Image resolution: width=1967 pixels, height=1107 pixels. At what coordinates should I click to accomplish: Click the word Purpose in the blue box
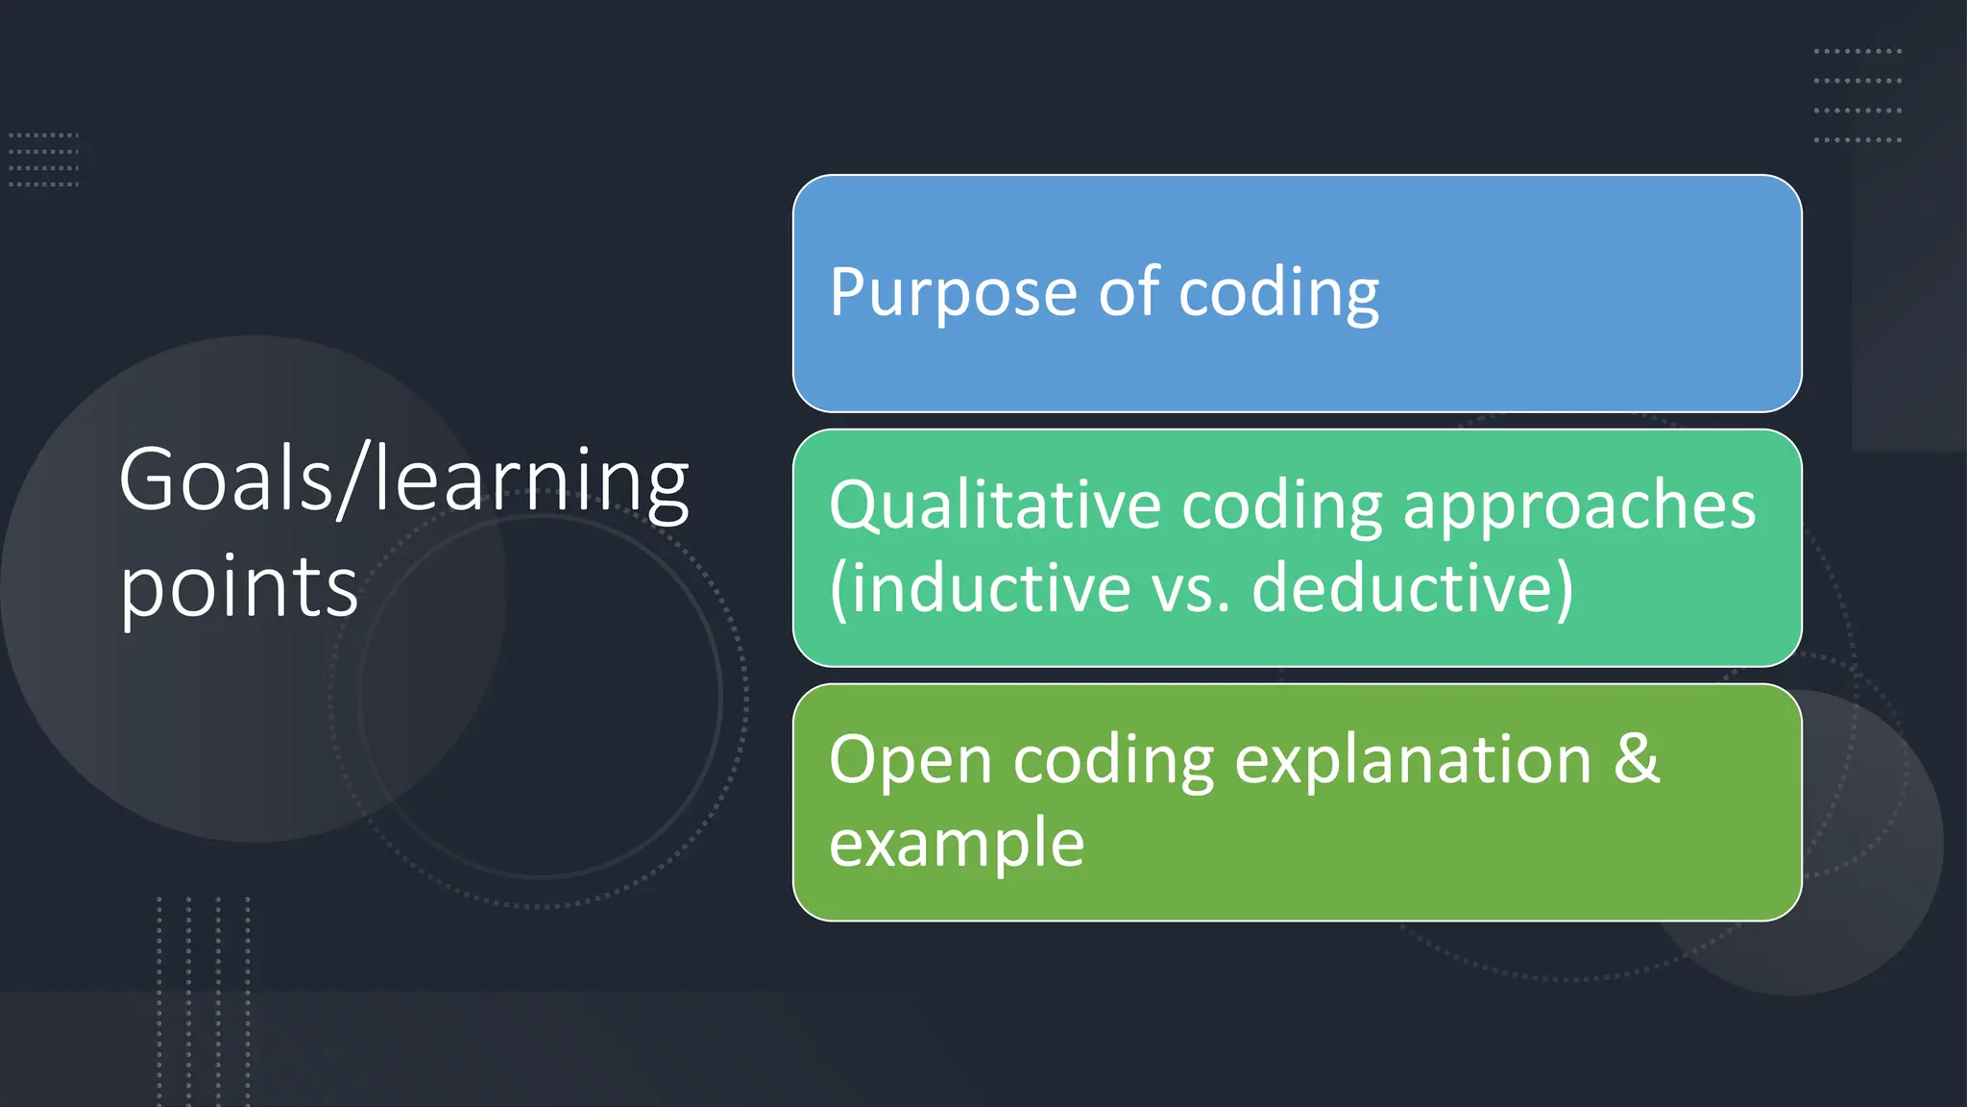(953, 293)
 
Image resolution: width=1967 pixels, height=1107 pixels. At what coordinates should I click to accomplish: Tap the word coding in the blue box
(1278, 293)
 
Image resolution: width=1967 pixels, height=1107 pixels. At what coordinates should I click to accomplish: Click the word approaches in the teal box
(1579, 505)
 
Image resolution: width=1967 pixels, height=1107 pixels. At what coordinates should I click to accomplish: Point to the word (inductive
(980, 588)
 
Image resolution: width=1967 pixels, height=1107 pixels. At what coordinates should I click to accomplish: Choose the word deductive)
(1412, 588)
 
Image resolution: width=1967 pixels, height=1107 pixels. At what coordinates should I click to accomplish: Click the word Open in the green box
(910, 761)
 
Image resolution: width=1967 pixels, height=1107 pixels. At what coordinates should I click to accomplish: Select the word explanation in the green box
(1413, 761)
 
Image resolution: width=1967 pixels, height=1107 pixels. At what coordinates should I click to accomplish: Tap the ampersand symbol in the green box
(1637, 759)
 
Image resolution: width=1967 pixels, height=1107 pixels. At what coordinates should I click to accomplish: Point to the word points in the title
(238, 588)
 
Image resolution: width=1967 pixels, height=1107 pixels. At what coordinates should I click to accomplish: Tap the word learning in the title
(531, 480)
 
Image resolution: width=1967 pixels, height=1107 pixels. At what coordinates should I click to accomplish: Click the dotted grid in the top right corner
(1857, 95)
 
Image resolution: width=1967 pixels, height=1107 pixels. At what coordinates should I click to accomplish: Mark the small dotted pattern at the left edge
(43, 160)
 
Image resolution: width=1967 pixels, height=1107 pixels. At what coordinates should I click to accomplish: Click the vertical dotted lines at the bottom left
(204, 999)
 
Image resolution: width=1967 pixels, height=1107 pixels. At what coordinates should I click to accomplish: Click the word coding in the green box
(1113, 761)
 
